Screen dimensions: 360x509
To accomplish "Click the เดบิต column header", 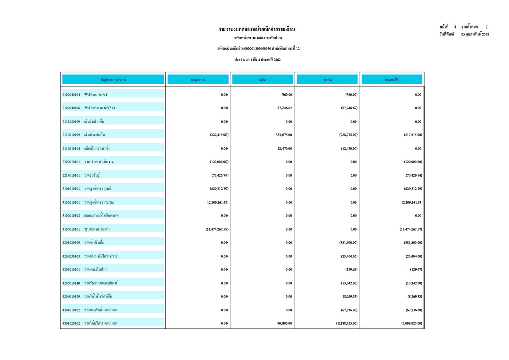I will click(263, 79).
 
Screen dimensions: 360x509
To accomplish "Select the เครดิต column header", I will click(327, 79).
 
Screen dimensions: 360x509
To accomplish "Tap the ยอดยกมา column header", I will click(198, 79).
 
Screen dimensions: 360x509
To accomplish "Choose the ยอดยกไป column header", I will click(391, 79).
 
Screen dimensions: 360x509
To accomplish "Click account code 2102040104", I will click(71, 95).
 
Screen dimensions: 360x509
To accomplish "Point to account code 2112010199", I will click(71, 135).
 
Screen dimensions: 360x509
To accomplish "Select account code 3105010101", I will click(71, 229).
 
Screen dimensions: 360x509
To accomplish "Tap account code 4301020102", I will click(71, 323).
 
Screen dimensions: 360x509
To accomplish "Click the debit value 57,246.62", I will click(281, 108).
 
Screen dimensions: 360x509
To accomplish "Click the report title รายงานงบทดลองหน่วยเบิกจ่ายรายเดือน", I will click(257, 29).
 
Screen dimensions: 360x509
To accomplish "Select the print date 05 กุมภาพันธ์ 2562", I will click(474, 34).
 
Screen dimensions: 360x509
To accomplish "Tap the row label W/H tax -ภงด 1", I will click(96, 95).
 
